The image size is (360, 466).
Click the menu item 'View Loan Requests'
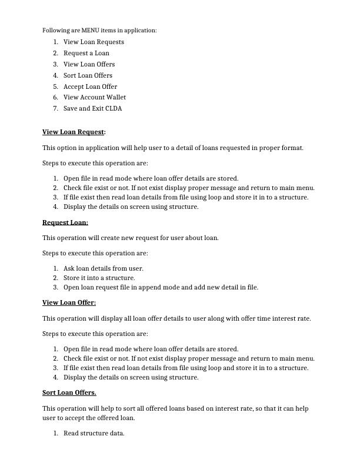(x=94, y=42)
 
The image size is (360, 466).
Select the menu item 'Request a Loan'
(x=86, y=53)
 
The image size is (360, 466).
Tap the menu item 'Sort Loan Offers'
(x=88, y=75)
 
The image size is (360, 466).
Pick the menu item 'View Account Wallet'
(x=94, y=97)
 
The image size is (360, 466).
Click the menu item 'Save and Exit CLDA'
(x=92, y=108)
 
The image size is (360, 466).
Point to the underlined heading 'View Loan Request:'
(x=74, y=132)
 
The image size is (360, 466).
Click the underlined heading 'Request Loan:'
(x=65, y=222)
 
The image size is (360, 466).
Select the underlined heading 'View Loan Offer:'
(x=69, y=302)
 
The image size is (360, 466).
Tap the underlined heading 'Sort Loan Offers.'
(x=69, y=392)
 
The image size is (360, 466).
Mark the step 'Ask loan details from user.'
(x=103, y=268)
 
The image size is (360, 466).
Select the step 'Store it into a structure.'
(x=99, y=278)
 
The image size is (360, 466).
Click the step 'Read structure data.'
(x=94, y=433)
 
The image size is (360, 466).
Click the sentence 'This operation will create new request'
(x=130, y=238)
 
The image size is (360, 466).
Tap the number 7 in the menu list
(x=55, y=108)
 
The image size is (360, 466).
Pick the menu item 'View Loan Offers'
(x=89, y=64)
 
